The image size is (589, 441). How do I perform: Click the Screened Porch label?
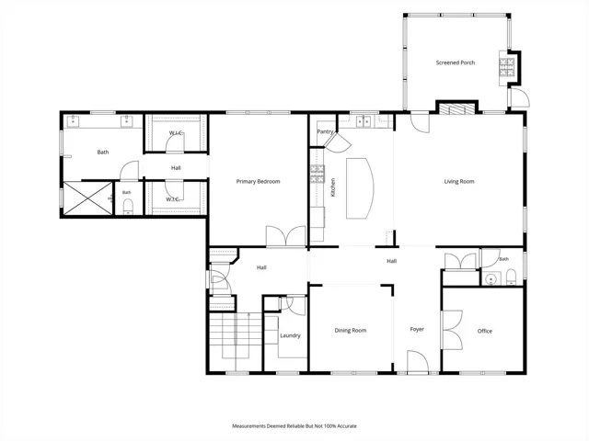tap(456, 62)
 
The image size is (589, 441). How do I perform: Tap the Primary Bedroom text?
tap(258, 182)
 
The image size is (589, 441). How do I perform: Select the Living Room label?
tap(459, 182)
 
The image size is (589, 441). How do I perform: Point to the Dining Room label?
tap(351, 331)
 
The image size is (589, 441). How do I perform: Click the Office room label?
tap(485, 331)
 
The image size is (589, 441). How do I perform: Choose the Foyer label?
tap(417, 329)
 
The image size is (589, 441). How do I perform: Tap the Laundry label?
tap(290, 335)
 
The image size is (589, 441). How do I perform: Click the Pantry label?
tap(325, 131)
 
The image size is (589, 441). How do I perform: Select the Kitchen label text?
tap(333, 187)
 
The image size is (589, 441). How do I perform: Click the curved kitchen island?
tap(360, 187)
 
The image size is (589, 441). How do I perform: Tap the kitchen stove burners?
tap(318, 174)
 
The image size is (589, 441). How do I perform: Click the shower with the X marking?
tap(88, 198)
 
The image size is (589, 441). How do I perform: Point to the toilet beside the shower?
tap(128, 207)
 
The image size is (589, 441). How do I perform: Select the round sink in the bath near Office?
tap(491, 279)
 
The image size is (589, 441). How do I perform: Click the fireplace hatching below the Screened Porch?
tap(456, 108)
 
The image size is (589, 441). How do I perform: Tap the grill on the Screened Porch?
tap(507, 67)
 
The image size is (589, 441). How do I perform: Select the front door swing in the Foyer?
tap(418, 361)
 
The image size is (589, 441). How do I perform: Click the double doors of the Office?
tap(452, 330)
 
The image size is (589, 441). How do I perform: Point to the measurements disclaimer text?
tap(294, 426)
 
